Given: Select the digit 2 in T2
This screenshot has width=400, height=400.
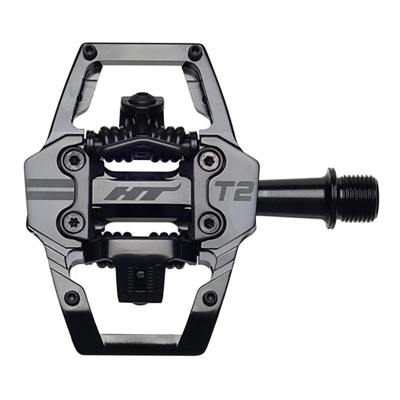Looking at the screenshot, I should point(244,190).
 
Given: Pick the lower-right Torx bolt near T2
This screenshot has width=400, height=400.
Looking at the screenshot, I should point(207,221).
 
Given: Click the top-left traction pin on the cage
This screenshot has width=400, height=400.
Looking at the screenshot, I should point(89,50).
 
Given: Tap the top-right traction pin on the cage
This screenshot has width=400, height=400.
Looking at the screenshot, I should point(195,50).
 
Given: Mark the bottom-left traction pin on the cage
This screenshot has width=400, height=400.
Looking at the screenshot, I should point(72,297).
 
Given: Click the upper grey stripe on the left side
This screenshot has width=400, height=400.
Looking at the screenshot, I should point(50,183).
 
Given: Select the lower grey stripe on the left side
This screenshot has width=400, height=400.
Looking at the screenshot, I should point(50,195).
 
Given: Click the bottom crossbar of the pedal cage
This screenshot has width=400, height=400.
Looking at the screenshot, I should point(141,340).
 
